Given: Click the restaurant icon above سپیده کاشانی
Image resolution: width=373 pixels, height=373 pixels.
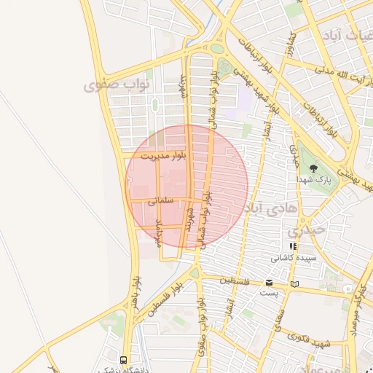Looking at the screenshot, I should pyautogui.click(x=293, y=247).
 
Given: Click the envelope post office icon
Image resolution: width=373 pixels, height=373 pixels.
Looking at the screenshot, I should pyautogui.click(x=270, y=283).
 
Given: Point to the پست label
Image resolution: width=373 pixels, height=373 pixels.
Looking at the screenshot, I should pyautogui.click(x=269, y=293).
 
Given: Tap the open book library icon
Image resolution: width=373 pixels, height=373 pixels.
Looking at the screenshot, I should pyautogui.click(x=294, y=283).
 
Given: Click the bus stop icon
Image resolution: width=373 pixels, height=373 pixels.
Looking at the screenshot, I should pyautogui.click(x=123, y=359).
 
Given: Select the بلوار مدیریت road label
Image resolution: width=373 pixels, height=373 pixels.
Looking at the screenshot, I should pyautogui.click(x=165, y=156).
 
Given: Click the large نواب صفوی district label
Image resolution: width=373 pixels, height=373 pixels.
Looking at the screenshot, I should pyautogui.click(x=117, y=87).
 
